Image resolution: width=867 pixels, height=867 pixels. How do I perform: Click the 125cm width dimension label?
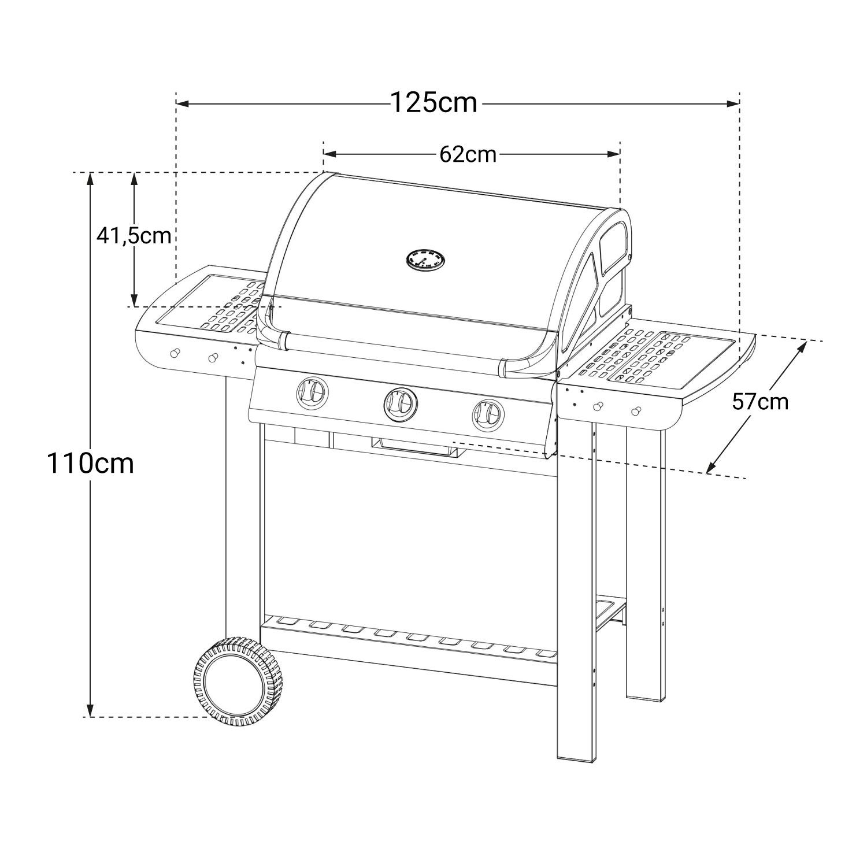434,103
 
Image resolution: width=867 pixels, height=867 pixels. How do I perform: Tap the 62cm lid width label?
468,154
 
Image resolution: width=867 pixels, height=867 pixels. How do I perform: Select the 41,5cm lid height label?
134,236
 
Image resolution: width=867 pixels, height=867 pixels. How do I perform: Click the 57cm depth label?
760,401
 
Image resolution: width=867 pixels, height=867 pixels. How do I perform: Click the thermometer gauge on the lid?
426,260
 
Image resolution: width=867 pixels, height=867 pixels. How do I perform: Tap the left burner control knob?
313,394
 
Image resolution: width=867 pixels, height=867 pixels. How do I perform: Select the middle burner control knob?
400,403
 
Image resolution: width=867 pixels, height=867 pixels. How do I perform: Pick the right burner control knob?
488,414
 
